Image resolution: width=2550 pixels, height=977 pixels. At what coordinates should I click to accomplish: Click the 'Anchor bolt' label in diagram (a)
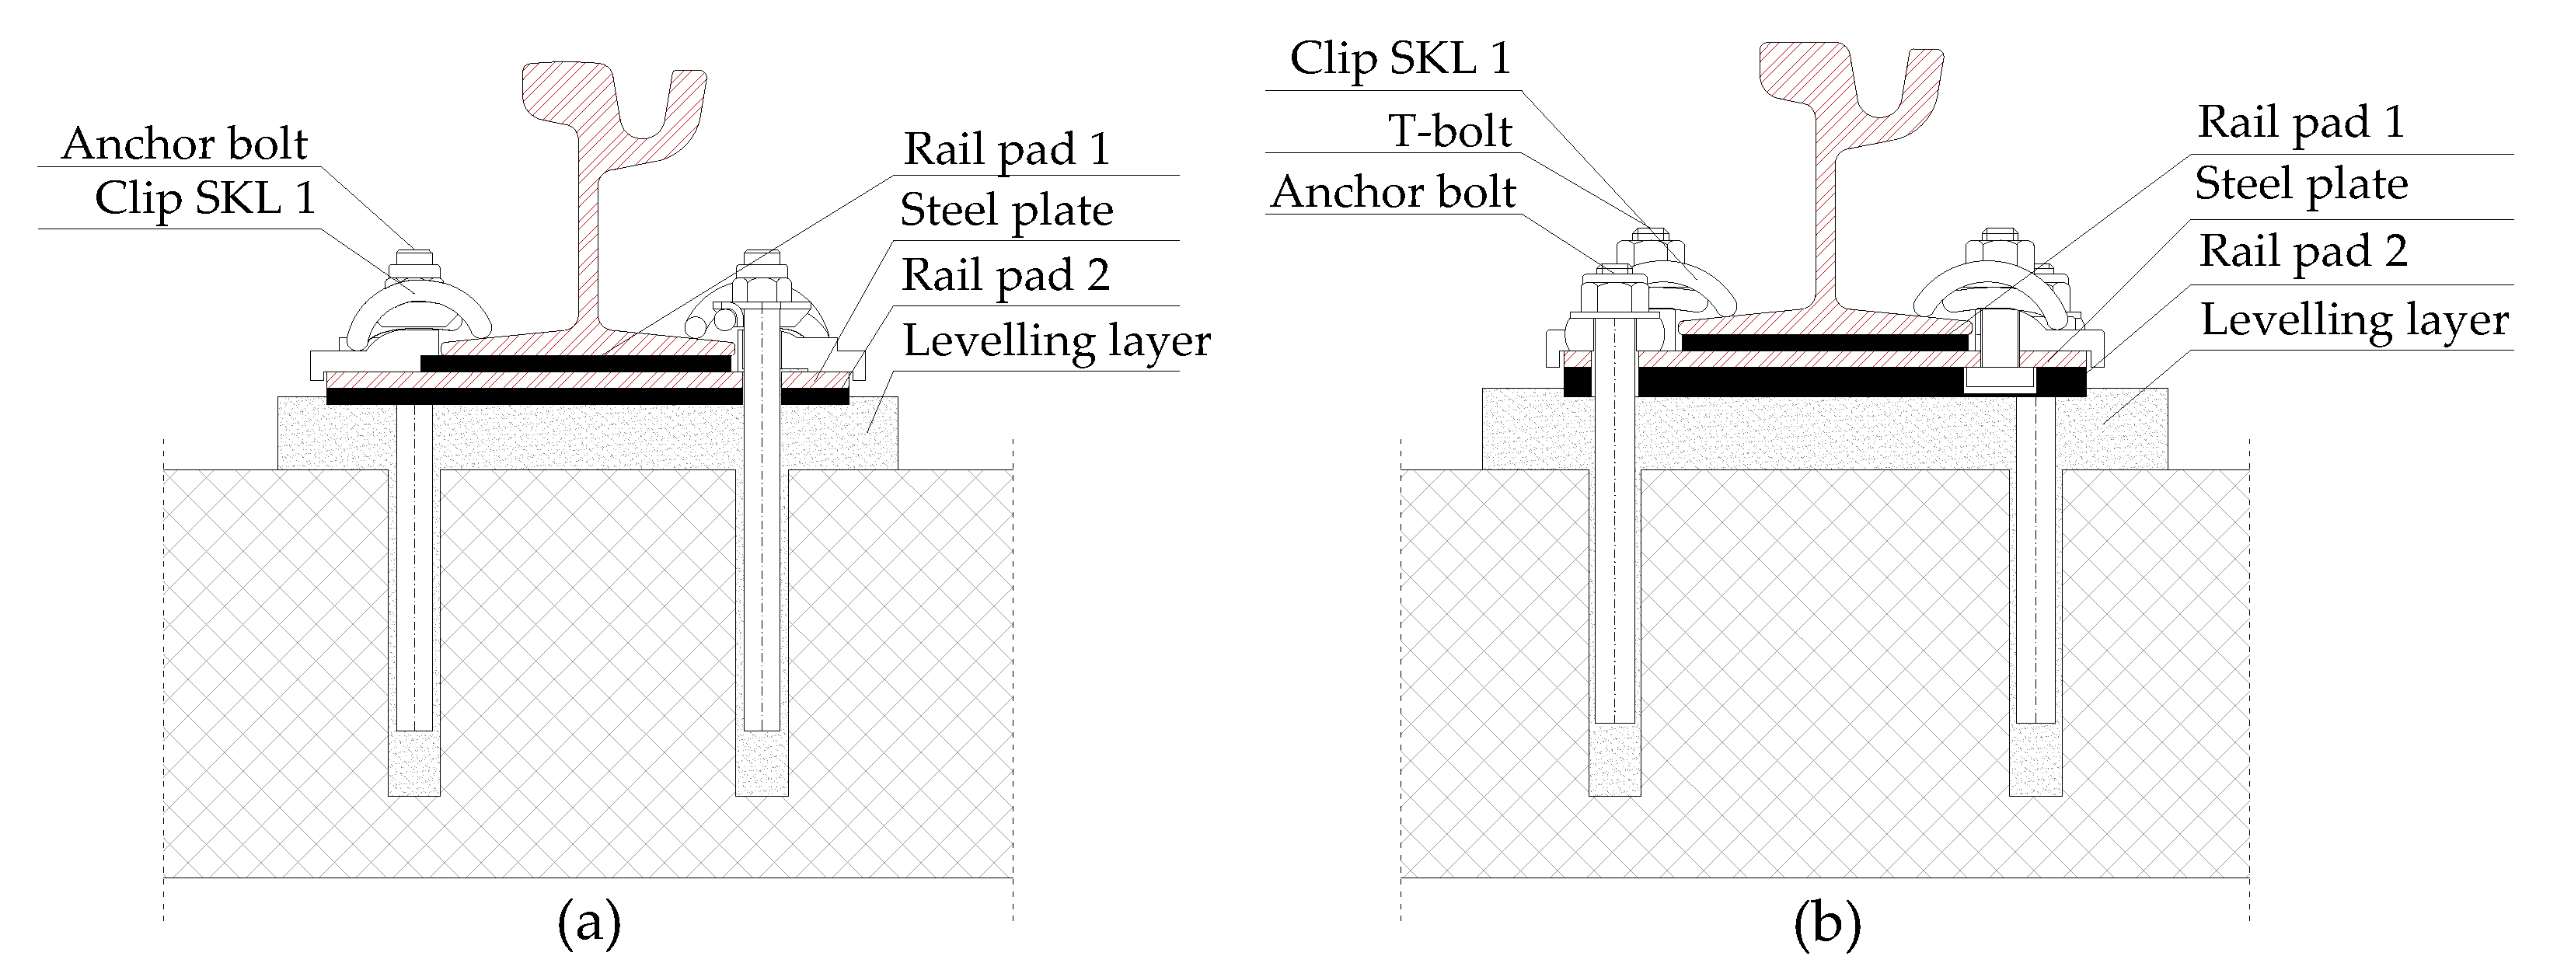point(184,145)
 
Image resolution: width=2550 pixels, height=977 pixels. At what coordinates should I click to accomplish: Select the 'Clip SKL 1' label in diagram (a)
point(205,199)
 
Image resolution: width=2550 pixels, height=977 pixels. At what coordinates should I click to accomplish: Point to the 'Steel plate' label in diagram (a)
point(1006,211)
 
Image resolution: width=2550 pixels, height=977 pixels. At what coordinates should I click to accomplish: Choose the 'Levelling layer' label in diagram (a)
point(1056,341)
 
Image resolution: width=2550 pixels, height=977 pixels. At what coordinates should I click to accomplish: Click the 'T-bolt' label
point(1449,131)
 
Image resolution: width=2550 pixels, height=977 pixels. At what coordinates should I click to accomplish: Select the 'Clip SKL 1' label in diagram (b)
point(1400,59)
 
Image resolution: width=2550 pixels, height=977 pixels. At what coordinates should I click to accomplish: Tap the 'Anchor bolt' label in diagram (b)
point(1393,193)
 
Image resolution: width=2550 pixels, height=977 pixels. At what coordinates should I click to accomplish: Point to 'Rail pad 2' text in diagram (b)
point(2303,251)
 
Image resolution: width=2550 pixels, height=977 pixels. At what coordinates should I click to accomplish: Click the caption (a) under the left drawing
point(589,923)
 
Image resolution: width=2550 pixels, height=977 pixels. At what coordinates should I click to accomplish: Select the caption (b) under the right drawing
point(1826,923)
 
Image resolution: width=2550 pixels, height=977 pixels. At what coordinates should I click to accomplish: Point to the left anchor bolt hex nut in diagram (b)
point(1613,295)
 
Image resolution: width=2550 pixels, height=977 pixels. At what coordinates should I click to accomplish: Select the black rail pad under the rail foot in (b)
point(1823,344)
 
